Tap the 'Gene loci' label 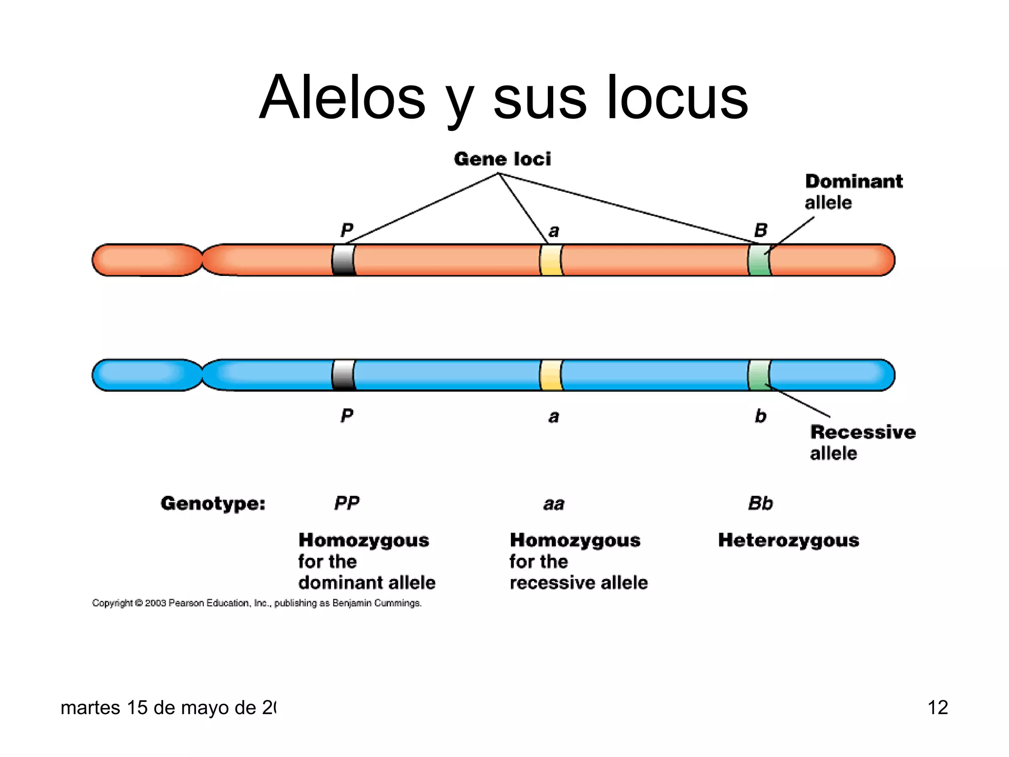[x=502, y=159]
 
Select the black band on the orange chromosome [x=344, y=260]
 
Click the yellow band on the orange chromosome [x=551, y=260]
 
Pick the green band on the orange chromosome [x=759, y=260]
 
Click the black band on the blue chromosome [x=344, y=375]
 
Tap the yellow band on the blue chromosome [x=551, y=375]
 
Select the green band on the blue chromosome [x=759, y=375]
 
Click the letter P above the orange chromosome [x=347, y=230]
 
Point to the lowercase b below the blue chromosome [x=761, y=416]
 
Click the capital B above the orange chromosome [x=761, y=230]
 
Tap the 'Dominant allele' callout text [x=853, y=192]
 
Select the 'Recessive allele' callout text [x=862, y=443]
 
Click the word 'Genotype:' [x=213, y=503]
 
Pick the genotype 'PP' [x=347, y=503]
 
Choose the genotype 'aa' [x=554, y=504]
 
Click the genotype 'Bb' [x=761, y=503]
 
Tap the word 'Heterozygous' [x=788, y=540]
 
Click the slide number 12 [x=938, y=708]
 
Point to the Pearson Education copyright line [x=257, y=603]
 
